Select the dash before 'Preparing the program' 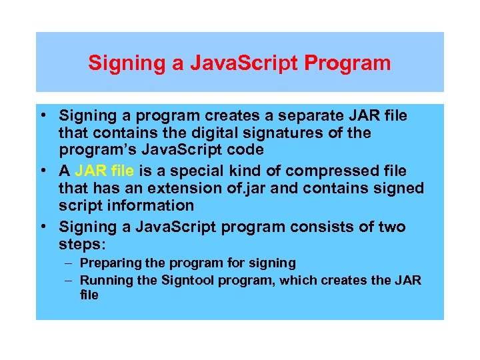tap(69, 263)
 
